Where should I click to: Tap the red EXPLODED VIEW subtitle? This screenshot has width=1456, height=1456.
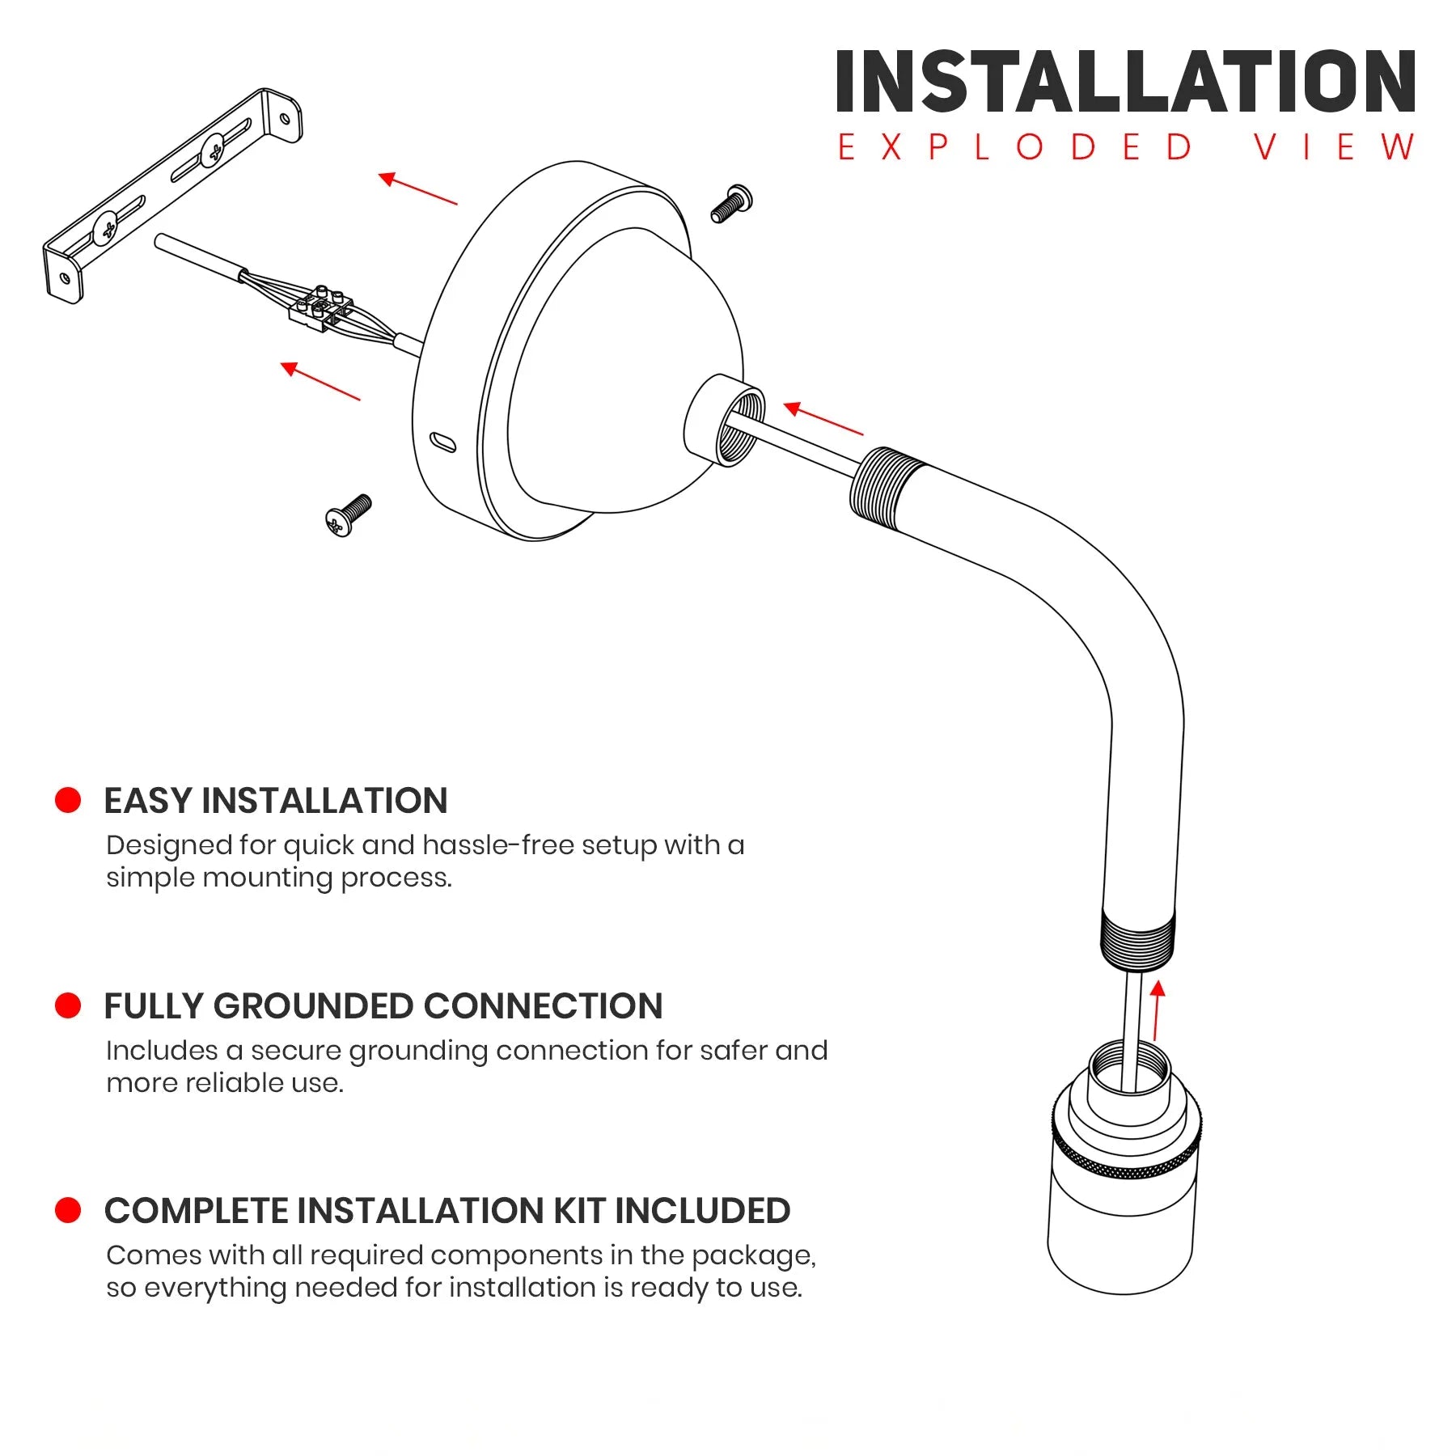click(x=1126, y=147)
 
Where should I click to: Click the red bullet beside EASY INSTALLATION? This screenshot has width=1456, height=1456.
click(x=68, y=800)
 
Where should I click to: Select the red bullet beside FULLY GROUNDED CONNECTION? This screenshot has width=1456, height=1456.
click(x=68, y=1005)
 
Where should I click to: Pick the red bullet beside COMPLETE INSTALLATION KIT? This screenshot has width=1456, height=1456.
click(x=68, y=1210)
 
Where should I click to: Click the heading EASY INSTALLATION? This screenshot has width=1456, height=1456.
click(x=276, y=801)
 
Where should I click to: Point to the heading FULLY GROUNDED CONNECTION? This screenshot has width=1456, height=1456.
click(x=383, y=1006)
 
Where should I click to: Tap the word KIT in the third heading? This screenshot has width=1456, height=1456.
click(x=579, y=1211)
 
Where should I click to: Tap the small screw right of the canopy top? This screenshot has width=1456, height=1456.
click(x=731, y=203)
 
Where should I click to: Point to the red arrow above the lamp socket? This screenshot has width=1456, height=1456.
click(x=1158, y=1010)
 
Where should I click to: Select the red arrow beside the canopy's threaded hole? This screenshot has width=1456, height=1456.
click(x=823, y=418)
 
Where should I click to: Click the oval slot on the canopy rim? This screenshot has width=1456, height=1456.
click(x=443, y=442)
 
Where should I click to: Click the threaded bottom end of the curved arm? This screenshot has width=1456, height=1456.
click(x=1137, y=938)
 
